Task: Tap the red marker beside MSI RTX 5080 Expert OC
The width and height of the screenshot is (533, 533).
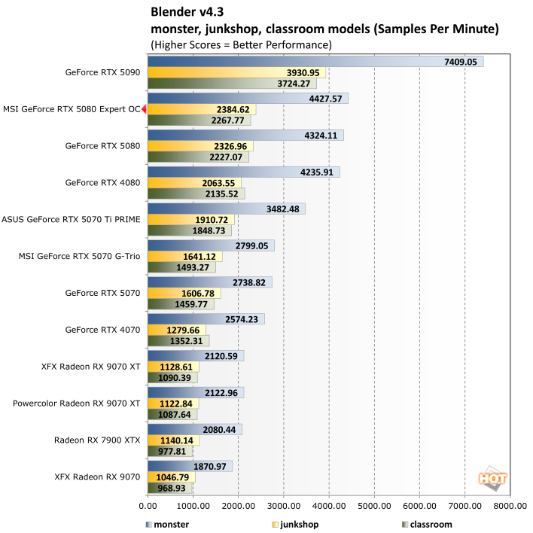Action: (144, 109)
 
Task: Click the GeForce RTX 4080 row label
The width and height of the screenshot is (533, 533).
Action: (102, 182)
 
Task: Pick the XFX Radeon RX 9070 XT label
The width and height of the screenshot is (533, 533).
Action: (91, 367)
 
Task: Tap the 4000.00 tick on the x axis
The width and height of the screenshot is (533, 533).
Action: (328, 508)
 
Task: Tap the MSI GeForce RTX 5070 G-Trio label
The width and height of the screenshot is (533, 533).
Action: (79, 256)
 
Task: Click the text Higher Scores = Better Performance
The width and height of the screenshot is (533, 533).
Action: (241, 44)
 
